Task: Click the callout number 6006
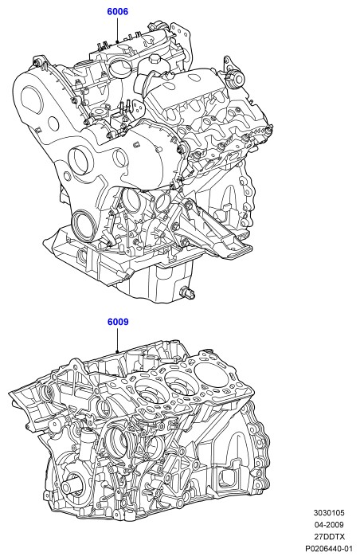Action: pos(118,12)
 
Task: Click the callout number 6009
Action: pos(118,322)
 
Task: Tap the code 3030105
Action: pos(329,513)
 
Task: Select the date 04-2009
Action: pos(329,525)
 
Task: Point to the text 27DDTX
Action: pos(329,536)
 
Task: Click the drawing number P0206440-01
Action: pos(329,548)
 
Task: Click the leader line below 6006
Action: pos(117,30)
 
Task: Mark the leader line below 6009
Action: pos(117,340)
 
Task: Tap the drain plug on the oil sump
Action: pos(188,292)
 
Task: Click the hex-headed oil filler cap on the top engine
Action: pos(155,59)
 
